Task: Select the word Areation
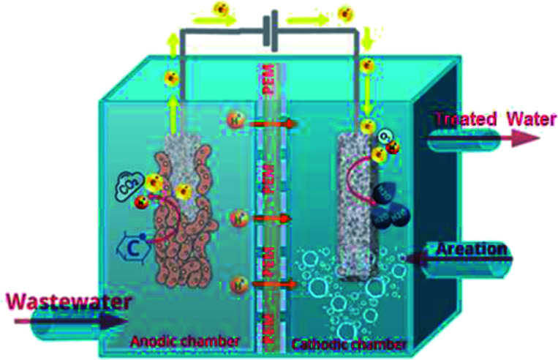pos(472,250)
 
